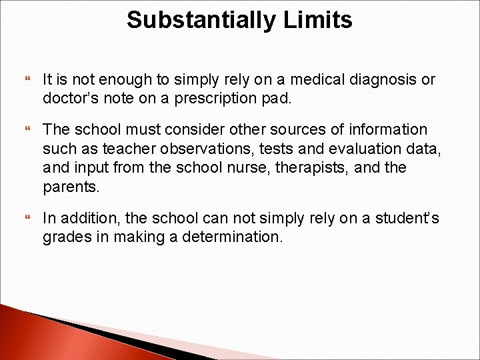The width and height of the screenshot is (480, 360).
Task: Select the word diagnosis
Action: point(376,80)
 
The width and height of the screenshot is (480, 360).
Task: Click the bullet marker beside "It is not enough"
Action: point(27,81)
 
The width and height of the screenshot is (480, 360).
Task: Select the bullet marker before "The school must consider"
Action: point(27,130)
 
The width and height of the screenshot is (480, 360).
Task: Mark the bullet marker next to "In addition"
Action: point(27,219)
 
